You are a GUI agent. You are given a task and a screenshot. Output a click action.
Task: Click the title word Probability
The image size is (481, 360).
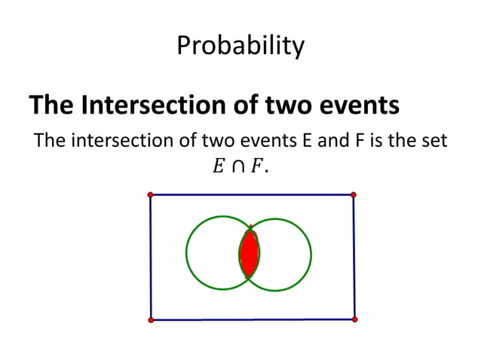pyautogui.click(x=240, y=47)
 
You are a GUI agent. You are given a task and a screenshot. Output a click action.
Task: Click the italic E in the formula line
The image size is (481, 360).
pyautogui.click(x=218, y=166)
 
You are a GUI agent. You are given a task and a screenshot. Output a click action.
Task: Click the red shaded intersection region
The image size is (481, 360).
pyautogui.click(x=249, y=253)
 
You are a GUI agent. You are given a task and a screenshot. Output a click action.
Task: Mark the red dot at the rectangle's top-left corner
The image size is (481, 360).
pyautogui.click(x=151, y=195)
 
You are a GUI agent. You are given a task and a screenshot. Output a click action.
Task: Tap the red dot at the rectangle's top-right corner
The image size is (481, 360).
pyautogui.click(x=354, y=194)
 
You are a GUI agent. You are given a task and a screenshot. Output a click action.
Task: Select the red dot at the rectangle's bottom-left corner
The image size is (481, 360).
pyautogui.click(x=151, y=320)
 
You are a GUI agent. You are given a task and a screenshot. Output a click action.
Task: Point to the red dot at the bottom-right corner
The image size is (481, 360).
pyautogui.click(x=354, y=319)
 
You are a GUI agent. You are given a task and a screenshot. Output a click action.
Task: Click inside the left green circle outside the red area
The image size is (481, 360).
pyautogui.click(x=212, y=253)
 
